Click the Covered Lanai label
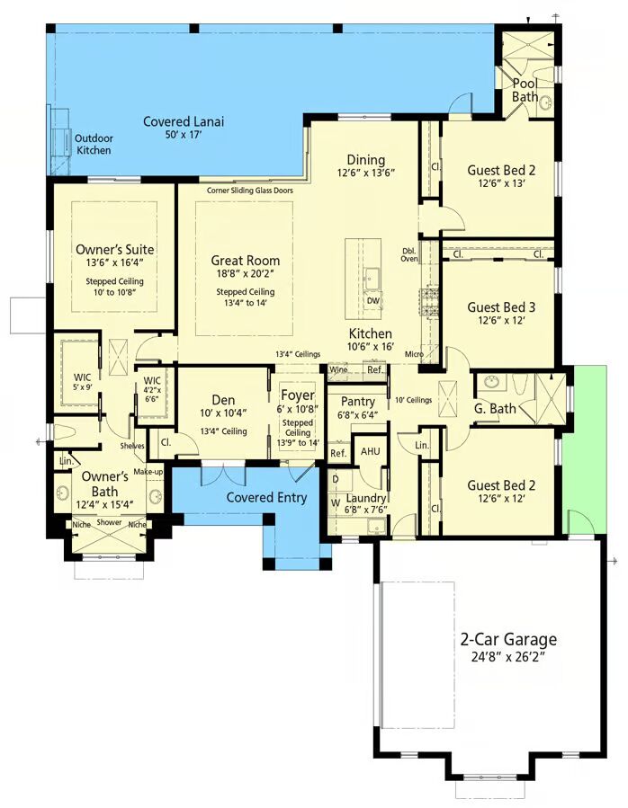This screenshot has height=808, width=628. [x=184, y=121]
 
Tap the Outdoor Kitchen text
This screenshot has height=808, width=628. [x=94, y=145]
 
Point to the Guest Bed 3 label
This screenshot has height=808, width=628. [x=501, y=307]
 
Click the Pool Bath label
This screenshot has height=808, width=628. [x=525, y=90]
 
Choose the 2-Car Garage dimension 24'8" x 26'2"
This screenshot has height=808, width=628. [x=509, y=658]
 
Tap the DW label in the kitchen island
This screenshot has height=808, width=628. [x=373, y=301]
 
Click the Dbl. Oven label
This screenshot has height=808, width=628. [x=409, y=255]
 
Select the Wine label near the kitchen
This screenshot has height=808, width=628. [x=338, y=369]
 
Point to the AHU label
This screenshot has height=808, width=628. [x=370, y=451]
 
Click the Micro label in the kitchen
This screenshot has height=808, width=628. [x=414, y=354]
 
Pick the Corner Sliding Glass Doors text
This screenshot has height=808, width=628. [x=250, y=191]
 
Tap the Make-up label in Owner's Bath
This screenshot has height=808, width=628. [x=148, y=472]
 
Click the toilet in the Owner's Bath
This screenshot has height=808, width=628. [x=65, y=431]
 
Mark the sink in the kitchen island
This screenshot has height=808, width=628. [x=371, y=280]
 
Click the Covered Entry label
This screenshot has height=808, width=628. [x=266, y=497]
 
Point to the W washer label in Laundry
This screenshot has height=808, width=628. [x=336, y=502]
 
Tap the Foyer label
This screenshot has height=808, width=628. [x=298, y=395]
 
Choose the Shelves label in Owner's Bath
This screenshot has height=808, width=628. [x=132, y=446]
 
